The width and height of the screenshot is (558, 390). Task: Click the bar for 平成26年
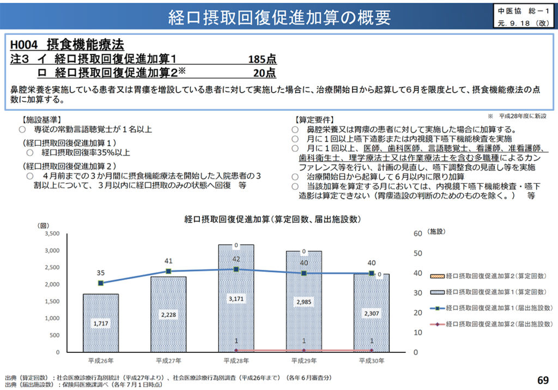[101, 325]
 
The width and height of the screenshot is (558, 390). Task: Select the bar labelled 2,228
[168, 315]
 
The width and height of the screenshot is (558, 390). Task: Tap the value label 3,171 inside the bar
[236, 299]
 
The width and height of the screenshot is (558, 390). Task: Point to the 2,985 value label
[304, 302]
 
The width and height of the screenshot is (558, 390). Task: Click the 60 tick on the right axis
[418, 233]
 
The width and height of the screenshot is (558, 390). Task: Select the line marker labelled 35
[101, 283]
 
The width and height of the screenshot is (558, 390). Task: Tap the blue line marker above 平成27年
[168, 271]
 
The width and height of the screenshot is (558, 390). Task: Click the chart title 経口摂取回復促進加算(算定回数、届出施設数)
[271, 219]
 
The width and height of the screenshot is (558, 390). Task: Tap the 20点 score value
[264, 73]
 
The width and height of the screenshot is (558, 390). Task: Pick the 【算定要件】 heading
[314, 119]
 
